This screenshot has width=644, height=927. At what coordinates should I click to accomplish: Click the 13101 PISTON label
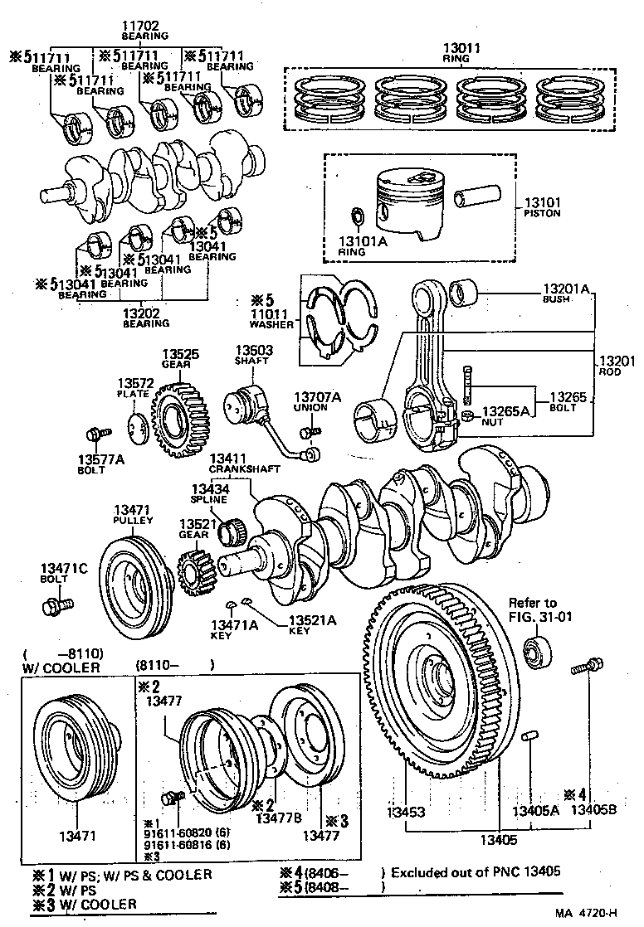pos(542,206)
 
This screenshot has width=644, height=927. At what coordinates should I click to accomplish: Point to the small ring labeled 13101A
pos(358,216)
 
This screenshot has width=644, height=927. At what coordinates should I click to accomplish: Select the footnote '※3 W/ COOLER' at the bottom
pos(85,904)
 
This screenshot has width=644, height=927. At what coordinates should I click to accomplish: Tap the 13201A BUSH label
pos(565,293)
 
